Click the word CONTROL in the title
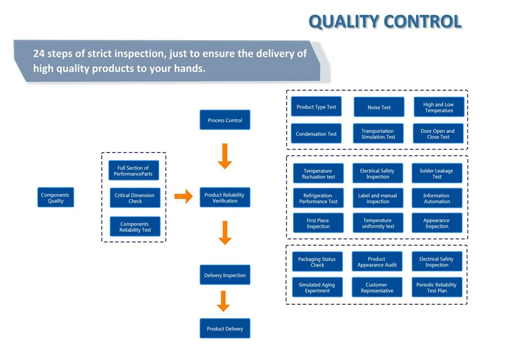pyautogui.click(x=423, y=22)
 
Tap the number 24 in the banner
pyautogui.click(x=39, y=53)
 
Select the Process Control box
pyautogui.click(x=225, y=120)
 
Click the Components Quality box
pyautogui.click(x=56, y=197)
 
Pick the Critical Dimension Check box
pyautogui.click(x=135, y=198)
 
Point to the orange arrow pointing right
pyautogui.click(x=184, y=196)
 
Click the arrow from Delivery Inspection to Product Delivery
pyautogui.click(x=223, y=301)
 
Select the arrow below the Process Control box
pyautogui.click(x=225, y=156)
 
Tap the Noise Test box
pyautogui.click(x=379, y=107)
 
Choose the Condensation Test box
pyautogui.click(x=316, y=134)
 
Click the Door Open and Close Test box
pyautogui.click(x=438, y=134)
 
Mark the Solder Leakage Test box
pyautogui.click(x=437, y=173)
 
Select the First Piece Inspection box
pyautogui.click(x=318, y=223)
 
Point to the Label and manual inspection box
pyautogui.click(x=378, y=198)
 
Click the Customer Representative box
pyautogui.click(x=377, y=287)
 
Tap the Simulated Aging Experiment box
pyautogui.click(x=317, y=287)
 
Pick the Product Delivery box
pyautogui.click(x=225, y=328)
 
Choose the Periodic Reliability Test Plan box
pyautogui.click(x=437, y=287)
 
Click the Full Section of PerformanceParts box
pyautogui.click(x=134, y=170)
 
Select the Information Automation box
pyautogui.click(x=437, y=198)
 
